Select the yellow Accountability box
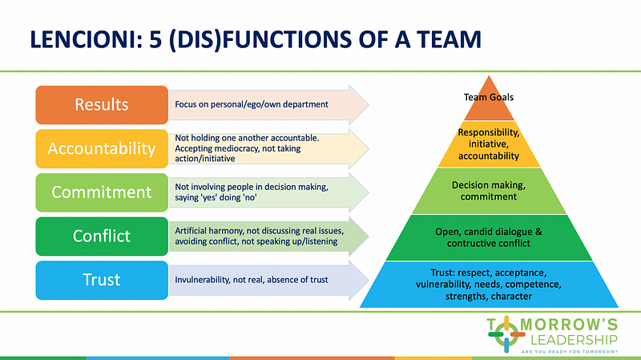(x=101, y=148)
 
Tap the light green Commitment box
(x=101, y=192)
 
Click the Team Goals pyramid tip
(x=488, y=98)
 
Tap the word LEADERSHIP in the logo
(x=574, y=339)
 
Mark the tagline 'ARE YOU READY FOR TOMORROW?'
(x=574, y=352)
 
